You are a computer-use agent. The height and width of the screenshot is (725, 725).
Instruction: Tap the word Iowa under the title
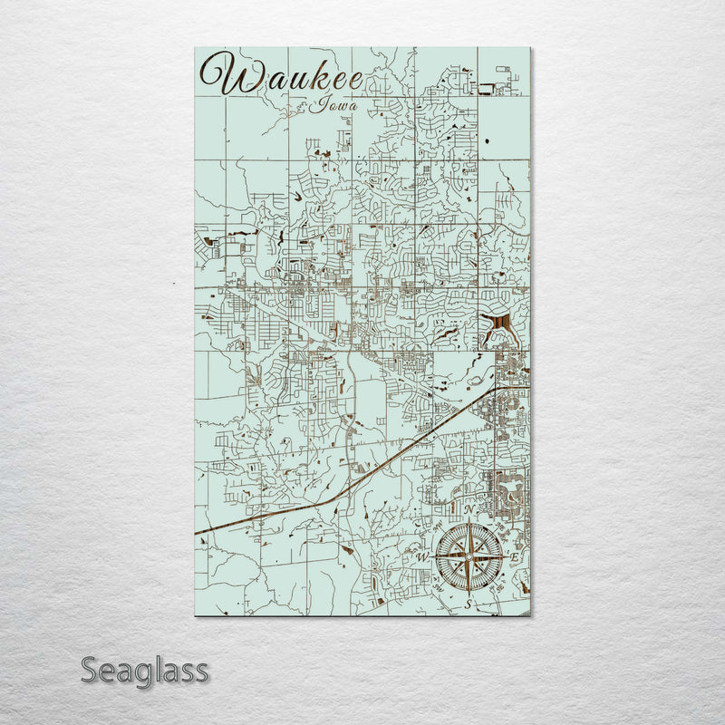click(333, 105)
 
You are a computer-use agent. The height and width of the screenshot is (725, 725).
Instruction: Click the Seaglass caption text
click(145, 672)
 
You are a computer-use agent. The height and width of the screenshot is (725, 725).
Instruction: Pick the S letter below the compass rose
click(469, 602)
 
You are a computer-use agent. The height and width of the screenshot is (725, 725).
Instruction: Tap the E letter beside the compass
click(514, 556)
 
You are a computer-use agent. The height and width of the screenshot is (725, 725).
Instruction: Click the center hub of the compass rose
click(468, 556)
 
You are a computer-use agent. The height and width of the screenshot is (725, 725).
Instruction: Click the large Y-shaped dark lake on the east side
click(497, 324)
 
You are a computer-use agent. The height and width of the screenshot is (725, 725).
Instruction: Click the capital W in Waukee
click(222, 73)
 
